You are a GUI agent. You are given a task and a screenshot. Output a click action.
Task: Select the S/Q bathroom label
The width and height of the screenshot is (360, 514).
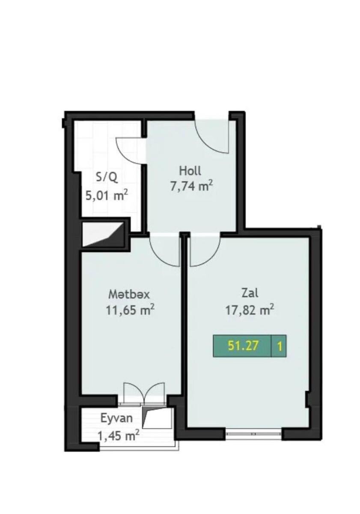107,177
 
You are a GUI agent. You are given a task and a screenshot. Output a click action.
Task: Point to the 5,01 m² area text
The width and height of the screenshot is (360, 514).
107,195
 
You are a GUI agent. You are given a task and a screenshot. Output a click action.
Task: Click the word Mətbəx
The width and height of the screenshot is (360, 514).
129,294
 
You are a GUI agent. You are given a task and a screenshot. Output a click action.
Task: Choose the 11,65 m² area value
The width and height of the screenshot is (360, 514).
130,310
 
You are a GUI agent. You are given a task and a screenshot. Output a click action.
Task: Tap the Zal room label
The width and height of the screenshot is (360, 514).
250,293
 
